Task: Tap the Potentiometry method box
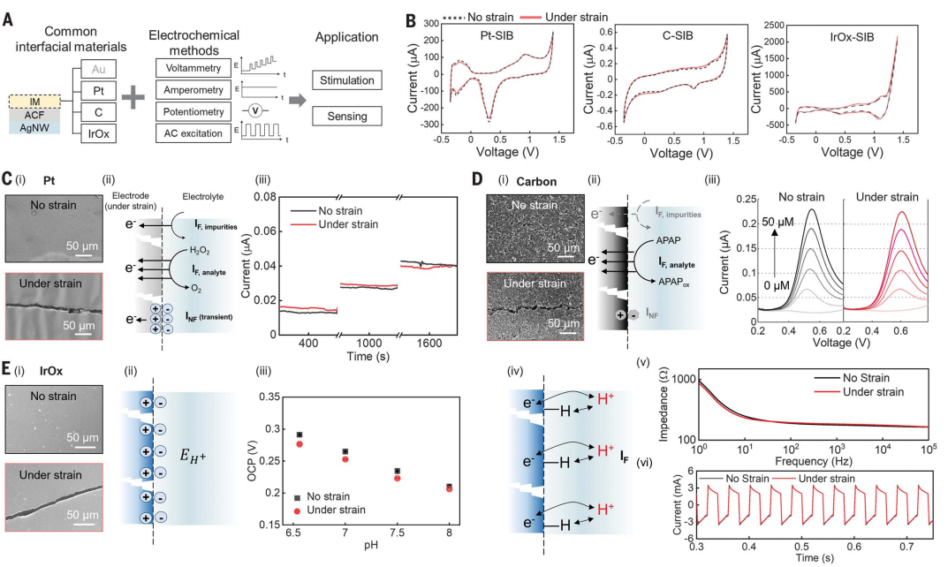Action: (x=197, y=111)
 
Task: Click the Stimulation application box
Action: (x=345, y=81)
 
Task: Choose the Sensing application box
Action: (x=345, y=116)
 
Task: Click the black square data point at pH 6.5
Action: (x=300, y=435)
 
